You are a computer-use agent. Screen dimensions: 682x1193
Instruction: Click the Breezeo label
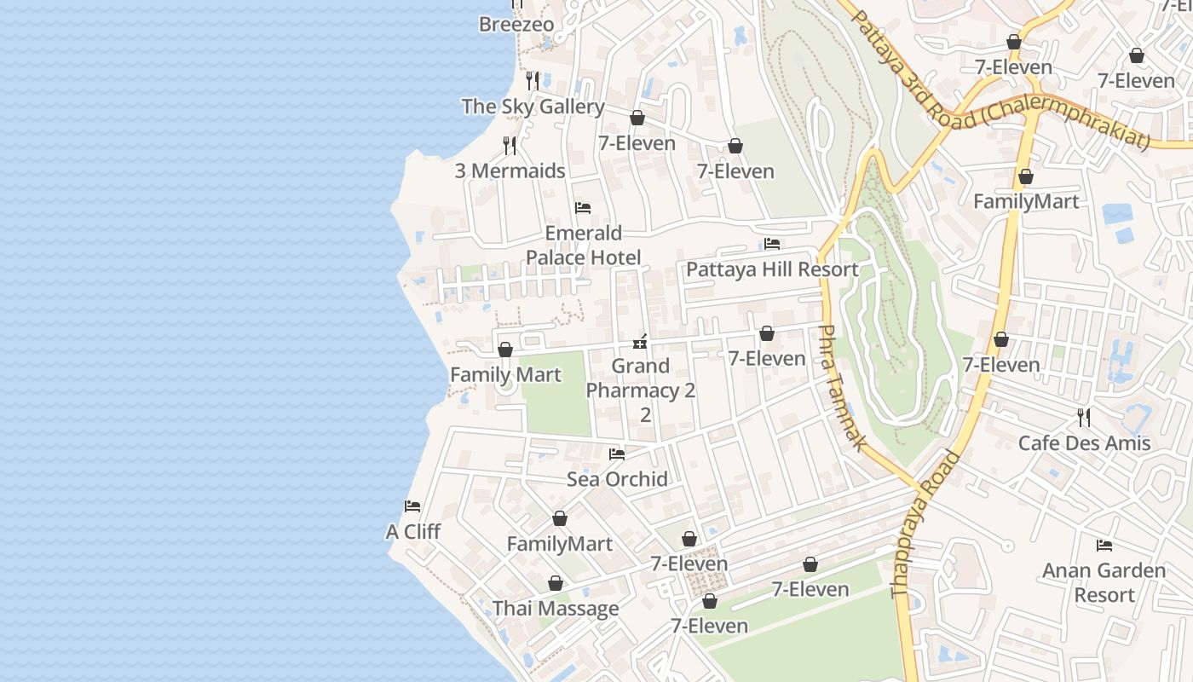click(x=516, y=25)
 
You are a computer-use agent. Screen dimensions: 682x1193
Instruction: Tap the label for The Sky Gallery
click(x=533, y=107)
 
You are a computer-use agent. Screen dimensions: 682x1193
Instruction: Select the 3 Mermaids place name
click(x=510, y=171)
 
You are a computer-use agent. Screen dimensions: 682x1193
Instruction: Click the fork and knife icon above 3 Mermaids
click(x=510, y=146)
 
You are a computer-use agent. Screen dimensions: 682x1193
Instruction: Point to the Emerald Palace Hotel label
click(x=584, y=246)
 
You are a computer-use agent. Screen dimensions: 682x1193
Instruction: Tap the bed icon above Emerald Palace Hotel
click(x=584, y=208)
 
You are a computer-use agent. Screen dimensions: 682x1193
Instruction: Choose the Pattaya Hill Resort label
click(x=772, y=270)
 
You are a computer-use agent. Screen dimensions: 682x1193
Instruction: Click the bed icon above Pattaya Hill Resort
click(x=772, y=244)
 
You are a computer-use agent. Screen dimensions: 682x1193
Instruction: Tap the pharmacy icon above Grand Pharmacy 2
click(x=640, y=342)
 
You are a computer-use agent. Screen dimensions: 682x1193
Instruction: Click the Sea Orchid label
click(x=617, y=480)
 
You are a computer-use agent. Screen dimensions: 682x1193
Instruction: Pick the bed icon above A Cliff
click(x=412, y=506)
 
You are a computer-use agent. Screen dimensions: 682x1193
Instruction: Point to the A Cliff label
click(x=412, y=532)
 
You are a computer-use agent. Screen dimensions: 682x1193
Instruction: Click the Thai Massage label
click(x=556, y=609)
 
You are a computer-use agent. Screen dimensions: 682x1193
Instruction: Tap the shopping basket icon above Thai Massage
click(x=556, y=583)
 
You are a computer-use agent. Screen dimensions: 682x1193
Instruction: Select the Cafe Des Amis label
click(x=1084, y=443)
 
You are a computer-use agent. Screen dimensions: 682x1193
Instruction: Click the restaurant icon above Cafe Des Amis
click(x=1084, y=417)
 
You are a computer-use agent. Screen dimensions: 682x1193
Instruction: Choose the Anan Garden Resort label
click(x=1104, y=583)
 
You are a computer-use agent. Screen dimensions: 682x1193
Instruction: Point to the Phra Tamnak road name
click(x=843, y=388)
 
